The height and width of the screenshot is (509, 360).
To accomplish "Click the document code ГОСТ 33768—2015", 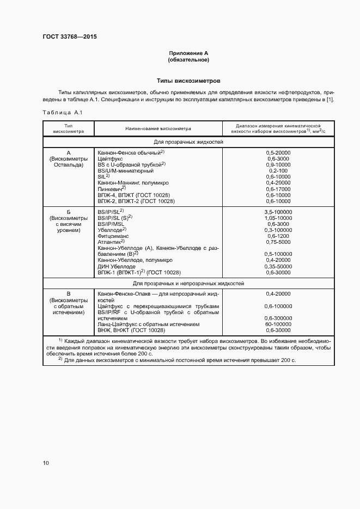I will coord(70,37).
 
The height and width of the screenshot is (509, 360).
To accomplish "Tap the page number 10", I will coord(46,463).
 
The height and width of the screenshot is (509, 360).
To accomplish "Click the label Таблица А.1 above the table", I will coord(62,112).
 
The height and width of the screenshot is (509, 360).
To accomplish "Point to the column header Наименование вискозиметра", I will coord(158,128).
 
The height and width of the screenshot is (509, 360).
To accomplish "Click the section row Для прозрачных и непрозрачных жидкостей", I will coord(188,284).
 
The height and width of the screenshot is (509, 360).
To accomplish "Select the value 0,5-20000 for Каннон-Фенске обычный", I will coord(278,154).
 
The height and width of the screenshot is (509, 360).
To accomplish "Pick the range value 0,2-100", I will coord(278,170).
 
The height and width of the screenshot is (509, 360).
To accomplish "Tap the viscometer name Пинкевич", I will coord(112,188).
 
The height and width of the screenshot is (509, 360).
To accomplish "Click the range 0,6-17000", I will coord(278,188).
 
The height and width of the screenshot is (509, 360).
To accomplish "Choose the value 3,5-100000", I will coord(278,212).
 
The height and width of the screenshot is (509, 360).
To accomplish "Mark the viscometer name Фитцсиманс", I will coord(113,236).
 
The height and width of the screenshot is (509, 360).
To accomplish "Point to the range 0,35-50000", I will coord(278,266).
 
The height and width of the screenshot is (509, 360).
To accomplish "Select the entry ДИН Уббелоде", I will coord(117,266).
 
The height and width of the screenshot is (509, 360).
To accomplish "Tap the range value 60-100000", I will coord(278,324).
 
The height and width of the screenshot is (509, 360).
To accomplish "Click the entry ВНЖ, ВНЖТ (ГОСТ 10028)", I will coord(131,330).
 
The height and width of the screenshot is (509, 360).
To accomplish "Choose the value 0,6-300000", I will coord(278,318).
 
